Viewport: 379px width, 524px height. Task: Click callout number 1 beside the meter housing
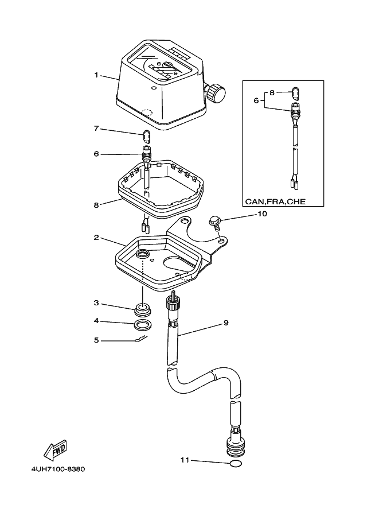coord(97,75)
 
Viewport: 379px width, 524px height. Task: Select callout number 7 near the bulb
coord(97,128)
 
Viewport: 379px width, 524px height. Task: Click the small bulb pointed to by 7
coord(146,136)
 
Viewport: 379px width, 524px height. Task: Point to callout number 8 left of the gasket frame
coord(97,204)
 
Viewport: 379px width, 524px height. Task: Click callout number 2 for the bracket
coord(97,237)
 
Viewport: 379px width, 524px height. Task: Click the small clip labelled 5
coord(139,340)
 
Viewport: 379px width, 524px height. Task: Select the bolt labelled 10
coord(216,221)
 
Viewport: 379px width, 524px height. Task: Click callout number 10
coord(262,214)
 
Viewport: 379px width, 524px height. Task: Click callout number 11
coord(184,460)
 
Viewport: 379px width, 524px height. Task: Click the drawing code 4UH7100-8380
coord(58,469)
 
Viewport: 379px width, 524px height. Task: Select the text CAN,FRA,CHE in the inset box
coord(276,201)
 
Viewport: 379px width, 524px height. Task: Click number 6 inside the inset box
coord(256,100)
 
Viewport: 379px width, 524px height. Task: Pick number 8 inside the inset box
coord(272,92)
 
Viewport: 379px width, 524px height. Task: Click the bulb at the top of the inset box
coord(295,92)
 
